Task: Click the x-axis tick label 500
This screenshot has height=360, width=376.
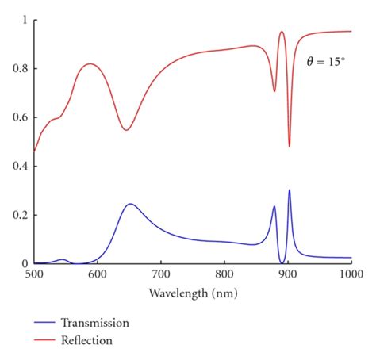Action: coord(33,274)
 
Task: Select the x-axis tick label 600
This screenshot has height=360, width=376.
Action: coord(97,274)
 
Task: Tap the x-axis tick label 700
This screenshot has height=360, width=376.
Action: coord(161,274)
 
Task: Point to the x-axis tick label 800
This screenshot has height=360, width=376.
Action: coord(224,274)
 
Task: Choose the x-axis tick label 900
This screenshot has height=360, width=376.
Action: coord(288,274)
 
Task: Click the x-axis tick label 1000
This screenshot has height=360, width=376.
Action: coord(351,274)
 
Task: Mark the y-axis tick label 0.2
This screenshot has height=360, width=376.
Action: coord(19,215)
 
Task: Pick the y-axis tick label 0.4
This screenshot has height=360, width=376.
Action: coord(19,167)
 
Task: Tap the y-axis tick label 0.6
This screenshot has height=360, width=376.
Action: coord(19,117)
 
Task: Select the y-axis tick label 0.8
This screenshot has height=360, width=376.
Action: coord(19,68)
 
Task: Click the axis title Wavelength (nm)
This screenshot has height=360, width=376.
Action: coord(193,293)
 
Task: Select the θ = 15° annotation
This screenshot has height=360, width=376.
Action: coord(326,61)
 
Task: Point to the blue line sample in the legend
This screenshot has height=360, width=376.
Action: coord(47,324)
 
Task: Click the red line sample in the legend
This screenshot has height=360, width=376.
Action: coord(47,341)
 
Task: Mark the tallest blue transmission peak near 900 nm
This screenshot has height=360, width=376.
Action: coord(289,190)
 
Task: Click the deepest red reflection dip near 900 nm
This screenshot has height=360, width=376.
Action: coord(289,145)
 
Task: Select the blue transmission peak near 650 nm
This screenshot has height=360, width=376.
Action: coord(130,204)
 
